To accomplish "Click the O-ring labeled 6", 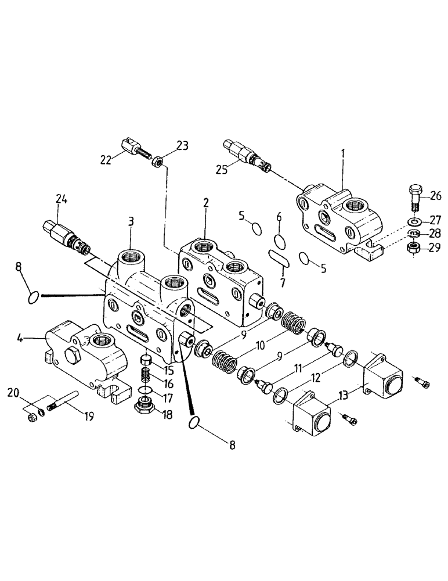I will pyautogui.click(x=280, y=240).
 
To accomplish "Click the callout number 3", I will pyautogui.click(x=132, y=221).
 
